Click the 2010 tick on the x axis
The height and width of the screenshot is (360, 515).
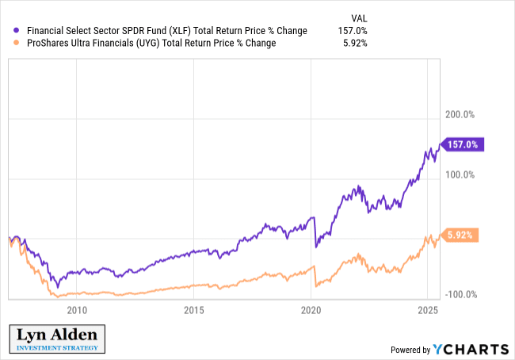77,309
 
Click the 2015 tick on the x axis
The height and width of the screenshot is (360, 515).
194,309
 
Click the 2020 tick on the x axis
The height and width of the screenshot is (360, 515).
311,309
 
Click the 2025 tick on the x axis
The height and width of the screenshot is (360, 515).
427,309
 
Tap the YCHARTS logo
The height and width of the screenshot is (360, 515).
471,349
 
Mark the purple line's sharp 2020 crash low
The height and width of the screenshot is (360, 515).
316,247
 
